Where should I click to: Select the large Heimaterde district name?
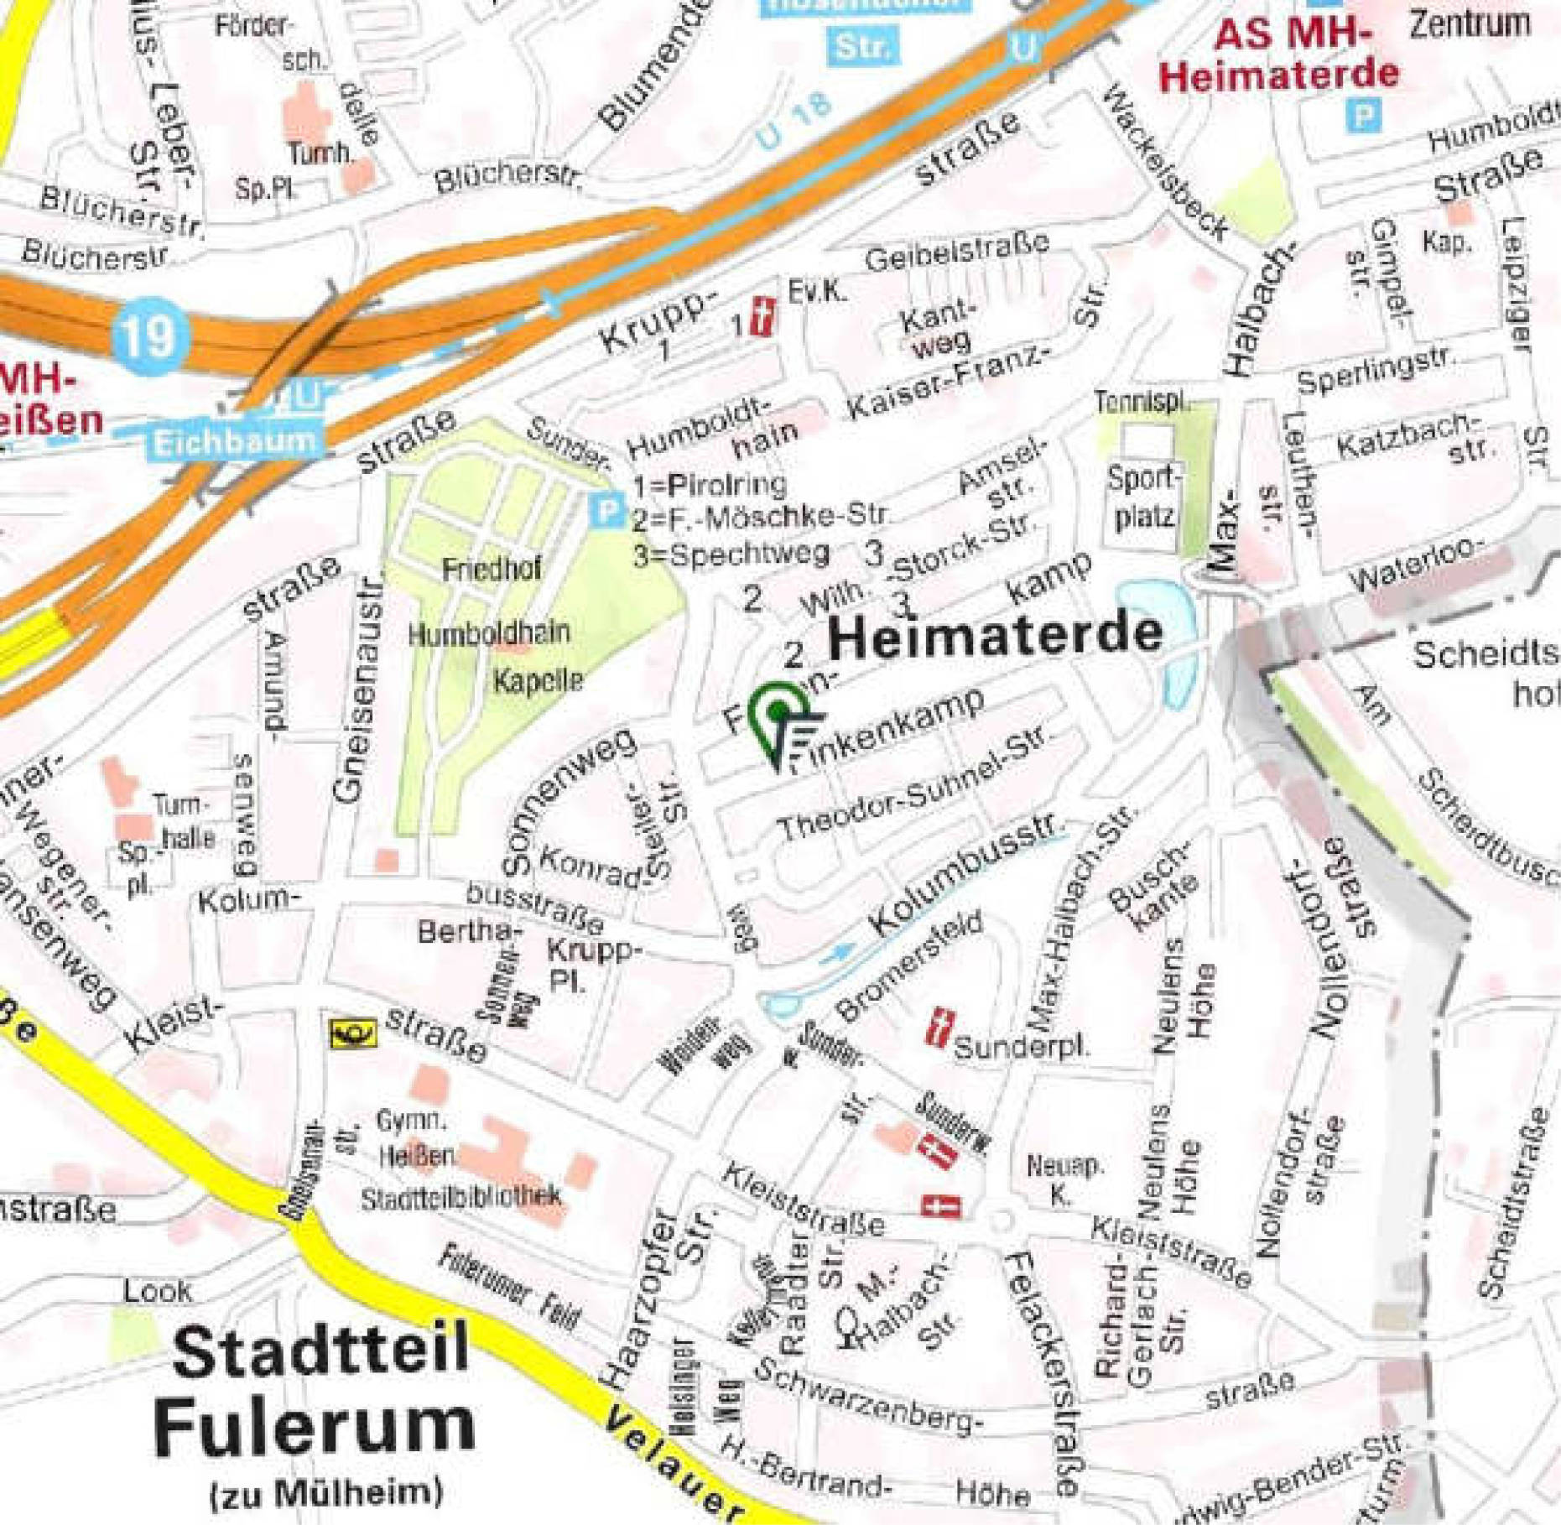[996, 637]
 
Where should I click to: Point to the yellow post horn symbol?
[353, 1033]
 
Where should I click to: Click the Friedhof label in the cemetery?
[492, 570]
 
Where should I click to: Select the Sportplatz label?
[1143, 497]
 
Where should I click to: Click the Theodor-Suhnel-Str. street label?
[913, 783]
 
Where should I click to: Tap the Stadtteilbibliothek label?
[460, 1198]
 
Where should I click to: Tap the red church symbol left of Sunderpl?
[940, 1028]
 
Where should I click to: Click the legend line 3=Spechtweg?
[731, 554]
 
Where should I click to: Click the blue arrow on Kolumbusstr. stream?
[838, 953]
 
